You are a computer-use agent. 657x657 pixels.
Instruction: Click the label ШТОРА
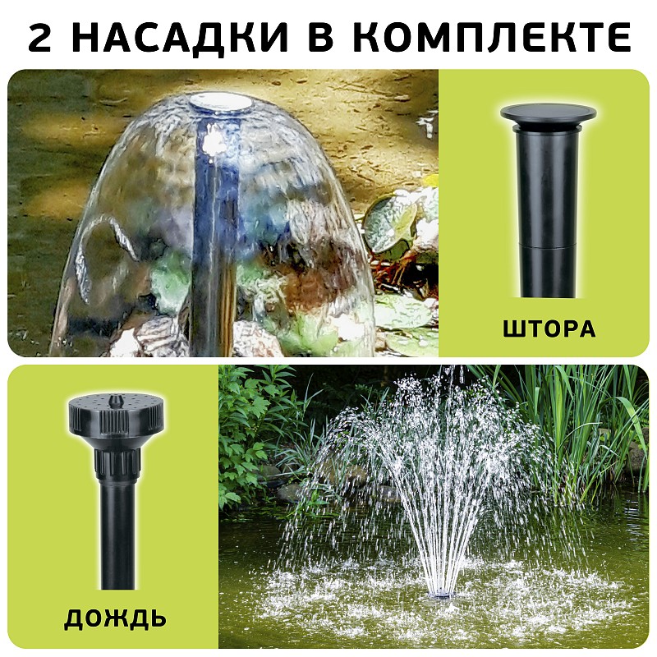click(549, 329)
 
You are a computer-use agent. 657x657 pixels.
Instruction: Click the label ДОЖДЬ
click(115, 618)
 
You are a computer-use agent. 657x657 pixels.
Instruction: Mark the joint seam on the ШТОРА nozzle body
click(549, 244)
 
